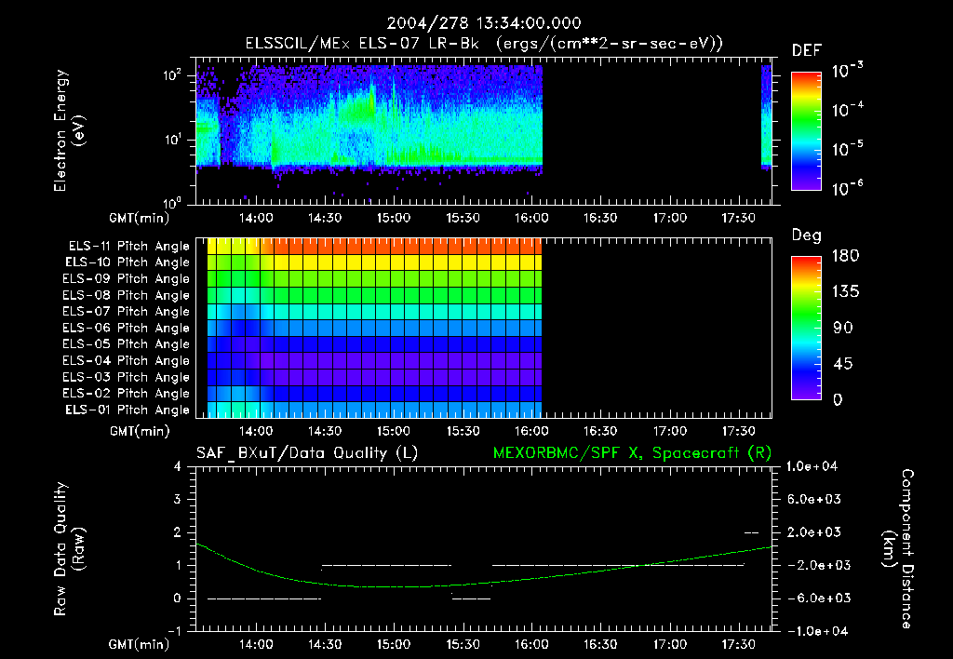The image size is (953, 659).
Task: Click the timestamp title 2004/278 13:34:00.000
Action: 476,22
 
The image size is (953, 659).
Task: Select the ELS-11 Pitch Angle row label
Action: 128,246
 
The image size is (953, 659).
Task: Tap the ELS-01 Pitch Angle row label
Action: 128,410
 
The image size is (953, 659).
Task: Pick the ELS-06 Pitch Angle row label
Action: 128,328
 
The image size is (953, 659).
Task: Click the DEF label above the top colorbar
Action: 806,50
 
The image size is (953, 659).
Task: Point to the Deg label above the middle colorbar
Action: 806,235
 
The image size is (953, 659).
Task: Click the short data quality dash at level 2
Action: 752,532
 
